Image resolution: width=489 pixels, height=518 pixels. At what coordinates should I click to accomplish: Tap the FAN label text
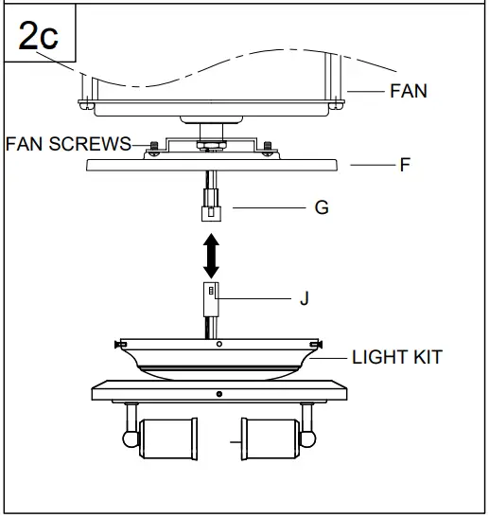click(408, 92)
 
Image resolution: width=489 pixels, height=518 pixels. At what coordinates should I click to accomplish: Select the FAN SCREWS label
click(68, 145)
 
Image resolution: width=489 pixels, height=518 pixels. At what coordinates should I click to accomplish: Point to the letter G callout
click(321, 207)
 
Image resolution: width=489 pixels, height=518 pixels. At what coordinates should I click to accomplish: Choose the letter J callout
click(304, 298)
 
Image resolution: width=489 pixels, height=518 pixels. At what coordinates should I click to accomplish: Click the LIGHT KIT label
click(396, 358)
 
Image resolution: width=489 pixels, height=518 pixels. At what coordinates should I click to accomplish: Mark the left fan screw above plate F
click(151, 147)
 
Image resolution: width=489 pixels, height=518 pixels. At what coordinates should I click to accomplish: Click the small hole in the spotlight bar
click(218, 392)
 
